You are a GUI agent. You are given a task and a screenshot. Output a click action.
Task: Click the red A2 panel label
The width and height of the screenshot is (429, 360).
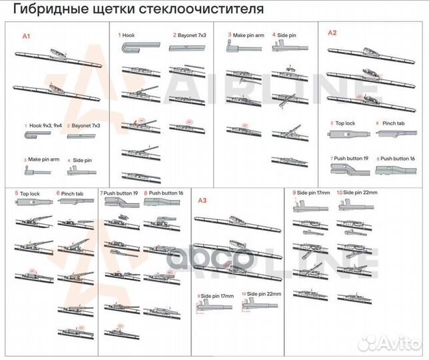click(332, 32)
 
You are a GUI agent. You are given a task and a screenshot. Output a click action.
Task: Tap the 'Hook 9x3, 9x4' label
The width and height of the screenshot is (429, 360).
click(44, 125)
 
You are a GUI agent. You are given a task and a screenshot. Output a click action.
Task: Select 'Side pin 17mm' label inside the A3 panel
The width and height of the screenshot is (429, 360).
click(217, 294)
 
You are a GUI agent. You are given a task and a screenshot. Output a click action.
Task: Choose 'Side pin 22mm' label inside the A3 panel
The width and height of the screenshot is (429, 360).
click(262, 294)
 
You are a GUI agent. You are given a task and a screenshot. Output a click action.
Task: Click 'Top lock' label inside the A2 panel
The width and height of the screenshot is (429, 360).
click(344, 123)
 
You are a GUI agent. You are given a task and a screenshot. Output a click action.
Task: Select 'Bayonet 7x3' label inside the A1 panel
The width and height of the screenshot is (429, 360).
click(86, 125)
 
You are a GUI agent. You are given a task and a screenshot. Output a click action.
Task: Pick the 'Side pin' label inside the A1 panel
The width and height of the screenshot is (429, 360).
click(82, 160)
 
